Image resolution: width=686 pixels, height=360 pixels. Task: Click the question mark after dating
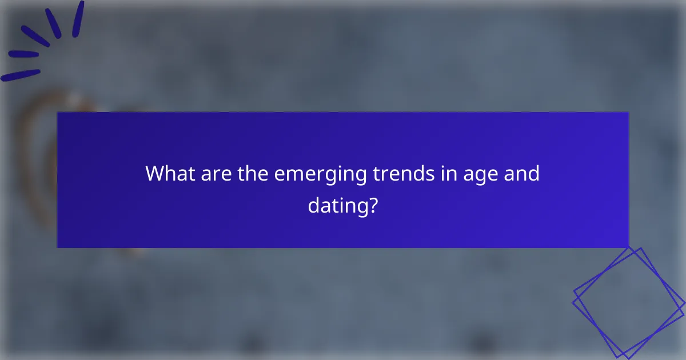373,204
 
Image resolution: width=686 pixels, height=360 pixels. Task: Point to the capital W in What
155,173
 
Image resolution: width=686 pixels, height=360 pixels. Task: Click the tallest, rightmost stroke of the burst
78,19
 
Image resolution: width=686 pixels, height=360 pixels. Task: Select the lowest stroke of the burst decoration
21,75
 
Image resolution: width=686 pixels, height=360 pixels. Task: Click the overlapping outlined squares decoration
629,301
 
